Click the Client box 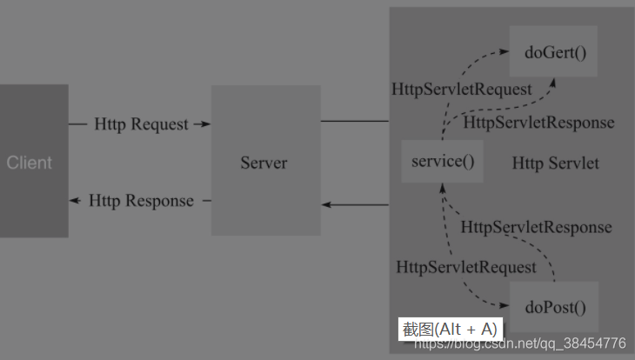pyautogui.click(x=34, y=161)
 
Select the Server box pyautogui.click(x=266, y=160)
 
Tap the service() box pyautogui.click(x=442, y=161)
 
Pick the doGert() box pyautogui.click(x=553, y=51)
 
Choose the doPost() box pyautogui.click(x=554, y=307)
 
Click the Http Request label pyautogui.click(x=141, y=124)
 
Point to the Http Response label pyautogui.click(x=141, y=201)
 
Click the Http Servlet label pyautogui.click(x=555, y=163)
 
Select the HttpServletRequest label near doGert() pyautogui.click(x=462, y=90)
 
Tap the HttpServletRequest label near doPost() pyautogui.click(x=466, y=267)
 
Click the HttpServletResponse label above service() pyautogui.click(x=538, y=123)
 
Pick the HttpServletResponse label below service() pyautogui.click(x=536, y=227)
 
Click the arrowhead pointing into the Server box pyautogui.click(x=206, y=124)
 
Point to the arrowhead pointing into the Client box pyautogui.click(x=75, y=201)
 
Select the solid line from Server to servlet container pyautogui.click(x=355, y=121)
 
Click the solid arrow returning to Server pyautogui.click(x=355, y=205)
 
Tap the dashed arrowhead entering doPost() pyautogui.click(x=504, y=305)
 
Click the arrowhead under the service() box pyautogui.click(x=443, y=189)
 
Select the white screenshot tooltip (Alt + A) pyautogui.click(x=451, y=330)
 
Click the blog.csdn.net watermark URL pyautogui.click(x=520, y=343)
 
